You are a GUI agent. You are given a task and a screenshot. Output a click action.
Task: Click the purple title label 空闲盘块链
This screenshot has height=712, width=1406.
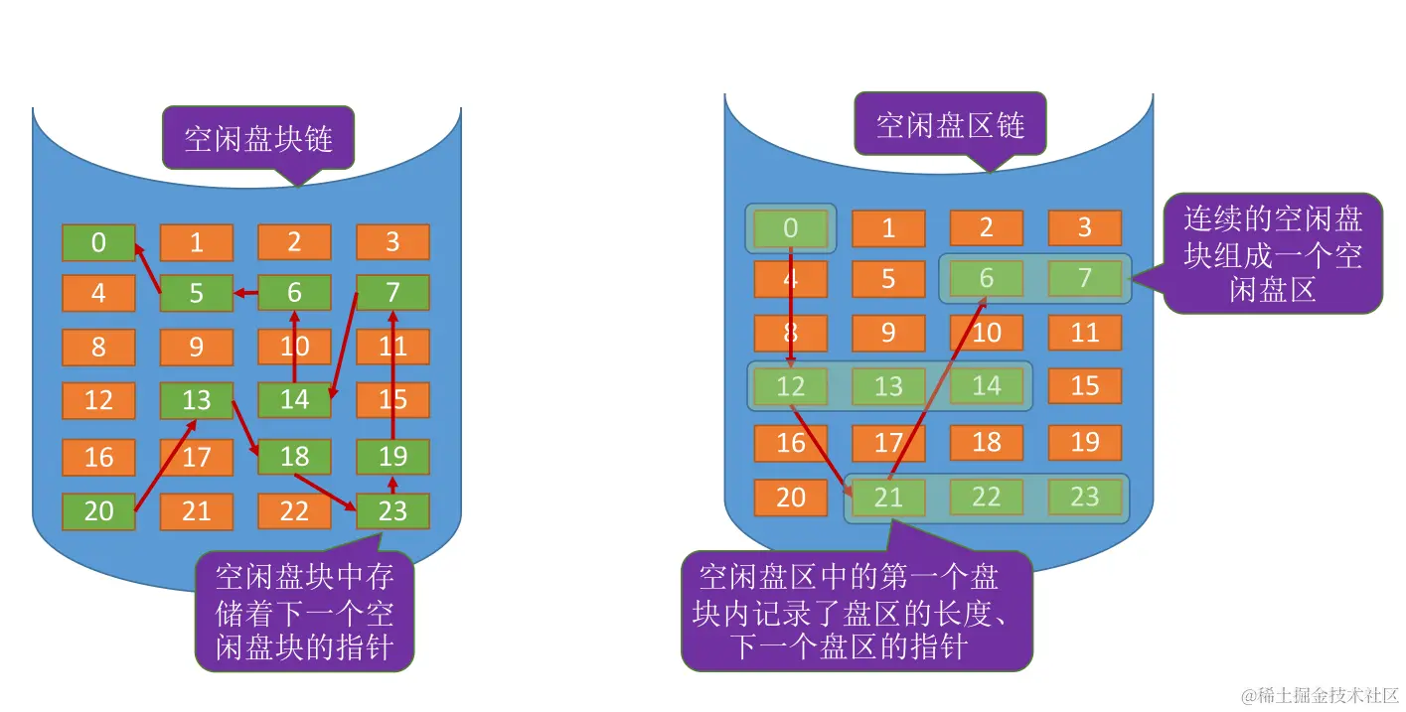(257, 137)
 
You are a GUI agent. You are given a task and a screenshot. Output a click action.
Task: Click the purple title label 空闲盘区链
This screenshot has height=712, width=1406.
(950, 124)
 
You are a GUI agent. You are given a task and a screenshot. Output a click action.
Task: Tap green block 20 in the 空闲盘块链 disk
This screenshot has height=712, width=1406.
(98, 511)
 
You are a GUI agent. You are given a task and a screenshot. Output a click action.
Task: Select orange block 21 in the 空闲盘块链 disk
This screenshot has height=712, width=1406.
(197, 511)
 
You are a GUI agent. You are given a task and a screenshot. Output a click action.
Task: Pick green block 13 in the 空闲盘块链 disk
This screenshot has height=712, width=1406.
(197, 400)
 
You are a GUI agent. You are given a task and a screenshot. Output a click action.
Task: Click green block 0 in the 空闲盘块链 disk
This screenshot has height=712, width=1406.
(98, 242)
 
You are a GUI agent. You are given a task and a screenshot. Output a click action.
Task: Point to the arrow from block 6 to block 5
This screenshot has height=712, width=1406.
(245, 293)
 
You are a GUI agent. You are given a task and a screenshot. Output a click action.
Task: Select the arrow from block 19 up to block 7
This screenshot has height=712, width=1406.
(393, 377)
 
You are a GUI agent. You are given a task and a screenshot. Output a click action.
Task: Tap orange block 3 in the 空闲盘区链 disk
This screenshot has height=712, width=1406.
(1084, 227)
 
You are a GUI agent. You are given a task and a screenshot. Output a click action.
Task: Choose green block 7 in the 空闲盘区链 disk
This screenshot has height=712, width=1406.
(1084, 279)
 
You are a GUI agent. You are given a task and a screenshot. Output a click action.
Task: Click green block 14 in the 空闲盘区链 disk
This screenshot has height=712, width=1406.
(986, 385)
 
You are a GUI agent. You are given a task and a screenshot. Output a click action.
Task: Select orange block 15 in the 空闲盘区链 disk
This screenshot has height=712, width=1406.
(1084, 385)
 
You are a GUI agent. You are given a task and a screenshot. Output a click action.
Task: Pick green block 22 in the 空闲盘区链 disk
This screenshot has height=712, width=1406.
(986, 497)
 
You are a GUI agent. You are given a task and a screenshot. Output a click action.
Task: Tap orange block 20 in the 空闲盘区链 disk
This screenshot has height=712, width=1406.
(790, 497)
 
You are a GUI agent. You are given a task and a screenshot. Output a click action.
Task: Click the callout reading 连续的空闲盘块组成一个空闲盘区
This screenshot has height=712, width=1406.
(1273, 253)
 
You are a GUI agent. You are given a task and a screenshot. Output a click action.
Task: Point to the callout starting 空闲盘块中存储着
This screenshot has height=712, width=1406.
(304, 612)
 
